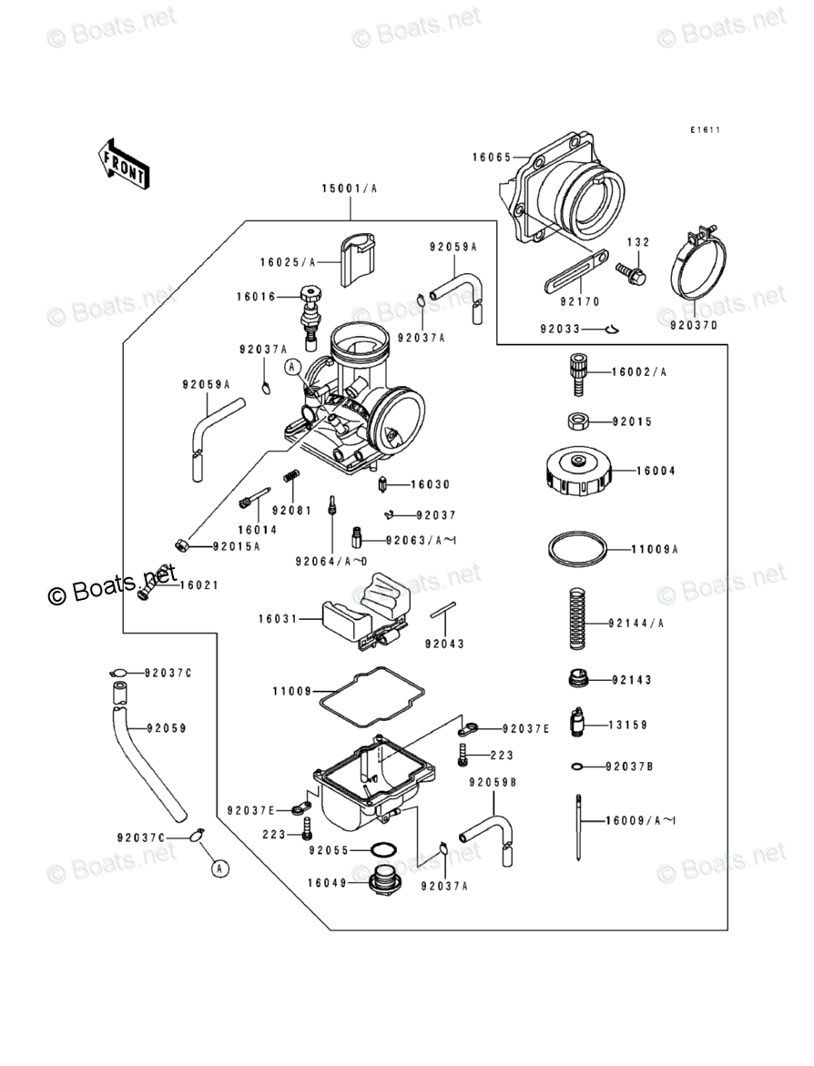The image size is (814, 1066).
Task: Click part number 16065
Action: pyautogui.click(x=491, y=157)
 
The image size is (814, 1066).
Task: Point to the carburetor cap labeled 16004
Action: pyautogui.click(x=577, y=472)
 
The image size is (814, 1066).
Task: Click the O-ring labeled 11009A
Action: pyautogui.click(x=577, y=548)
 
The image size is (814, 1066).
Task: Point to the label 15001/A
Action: pyautogui.click(x=349, y=188)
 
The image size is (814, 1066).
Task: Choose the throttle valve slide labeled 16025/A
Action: pyautogui.click(x=358, y=259)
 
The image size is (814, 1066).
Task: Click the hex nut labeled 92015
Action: pyautogui.click(x=578, y=421)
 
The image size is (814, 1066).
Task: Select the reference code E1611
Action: pyautogui.click(x=706, y=130)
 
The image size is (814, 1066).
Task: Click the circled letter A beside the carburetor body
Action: pyautogui.click(x=292, y=367)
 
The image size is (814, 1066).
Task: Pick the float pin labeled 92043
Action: pyautogui.click(x=443, y=611)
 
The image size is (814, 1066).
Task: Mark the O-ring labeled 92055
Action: pyautogui.click(x=383, y=850)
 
